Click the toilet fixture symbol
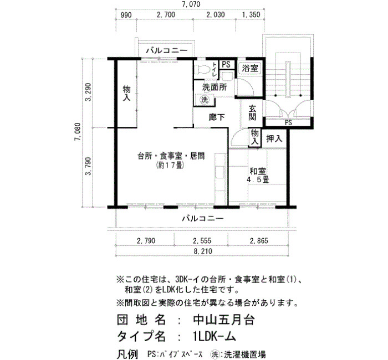(x=202, y=69)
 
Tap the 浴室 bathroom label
(x=250, y=68)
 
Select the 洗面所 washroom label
(x=215, y=87)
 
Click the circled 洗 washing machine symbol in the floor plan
(x=205, y=100)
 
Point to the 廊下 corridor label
(x=217, y=117)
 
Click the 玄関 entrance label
(x=252, y=113)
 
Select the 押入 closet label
(x=274, y=138)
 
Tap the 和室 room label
(x=258, y=171)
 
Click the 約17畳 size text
(x=170, y=165)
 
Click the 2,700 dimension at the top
(x=166, y=14)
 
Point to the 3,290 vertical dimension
(x=88, y=92)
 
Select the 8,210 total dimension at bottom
(x=203, y=251)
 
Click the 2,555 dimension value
(x=202, y=240)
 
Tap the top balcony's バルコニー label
(x=167, y=51)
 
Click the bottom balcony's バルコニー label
(x=203, y=219)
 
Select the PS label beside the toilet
(x=226, y=65)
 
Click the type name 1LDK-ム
(x=215, y=336)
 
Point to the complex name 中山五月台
(x=224, y=320)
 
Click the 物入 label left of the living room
(x=127, y=93)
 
